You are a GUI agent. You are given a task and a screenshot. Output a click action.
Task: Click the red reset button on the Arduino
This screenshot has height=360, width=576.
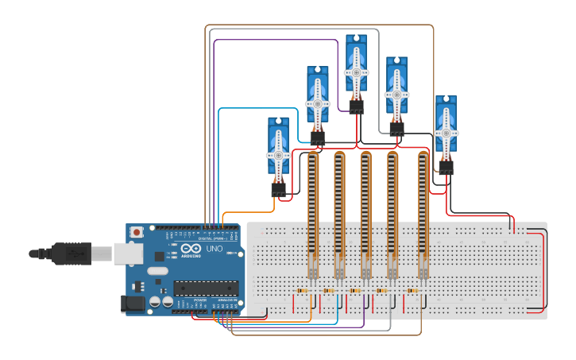click(x=137, y=233)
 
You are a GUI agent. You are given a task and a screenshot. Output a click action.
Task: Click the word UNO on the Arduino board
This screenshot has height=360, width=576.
click(x=215, y=249)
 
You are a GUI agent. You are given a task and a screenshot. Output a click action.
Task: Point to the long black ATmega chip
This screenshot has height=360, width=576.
click(x=206, y=288)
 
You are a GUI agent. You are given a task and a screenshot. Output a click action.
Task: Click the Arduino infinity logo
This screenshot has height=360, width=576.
click(x=191, y=249)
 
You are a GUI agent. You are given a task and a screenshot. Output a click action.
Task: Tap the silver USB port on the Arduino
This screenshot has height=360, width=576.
click(x=127, y=253)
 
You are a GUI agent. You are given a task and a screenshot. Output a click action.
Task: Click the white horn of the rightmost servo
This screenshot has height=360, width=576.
click(x=446, y=133)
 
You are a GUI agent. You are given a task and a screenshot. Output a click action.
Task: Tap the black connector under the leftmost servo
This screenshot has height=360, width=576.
click(x=278, y=190)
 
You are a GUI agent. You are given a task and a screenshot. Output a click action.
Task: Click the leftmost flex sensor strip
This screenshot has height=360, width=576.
click(x=312, y=211)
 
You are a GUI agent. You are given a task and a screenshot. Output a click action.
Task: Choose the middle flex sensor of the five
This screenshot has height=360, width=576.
click(x=365, y=211)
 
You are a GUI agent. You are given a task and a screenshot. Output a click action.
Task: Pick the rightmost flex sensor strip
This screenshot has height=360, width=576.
click(x=423, y=211)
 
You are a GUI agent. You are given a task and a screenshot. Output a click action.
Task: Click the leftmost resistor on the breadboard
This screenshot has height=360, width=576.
click(x=303, y=291)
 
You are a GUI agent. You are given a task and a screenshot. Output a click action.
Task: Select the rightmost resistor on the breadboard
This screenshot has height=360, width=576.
click(x=412, y=291)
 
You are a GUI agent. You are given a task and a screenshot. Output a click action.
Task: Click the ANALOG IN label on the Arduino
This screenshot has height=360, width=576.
click(x=225, y=299)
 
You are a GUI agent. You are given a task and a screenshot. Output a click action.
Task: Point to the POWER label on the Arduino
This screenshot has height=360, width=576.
click(x=199, y=299)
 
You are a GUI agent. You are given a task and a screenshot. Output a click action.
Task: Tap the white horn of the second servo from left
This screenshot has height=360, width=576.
click(x=318, y=103)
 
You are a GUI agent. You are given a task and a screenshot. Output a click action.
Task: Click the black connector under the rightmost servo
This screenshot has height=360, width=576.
click(x=446, y=168)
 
